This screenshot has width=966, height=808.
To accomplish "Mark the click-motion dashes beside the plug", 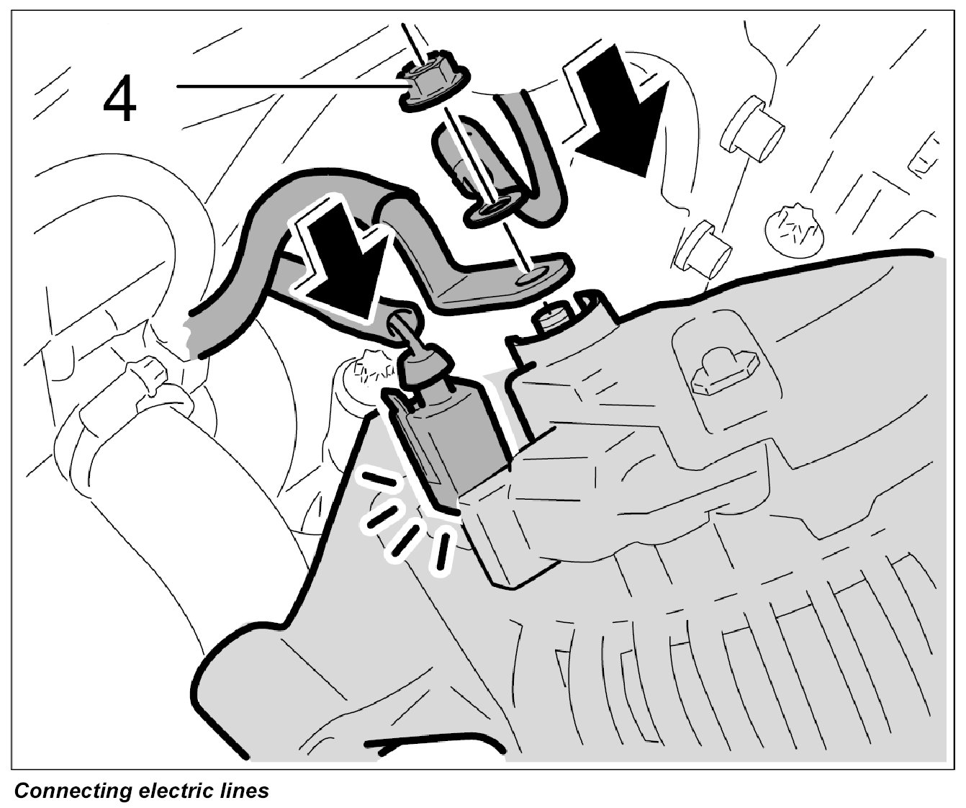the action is tap(403, 523).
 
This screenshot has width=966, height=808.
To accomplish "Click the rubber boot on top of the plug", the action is tap(424, 366).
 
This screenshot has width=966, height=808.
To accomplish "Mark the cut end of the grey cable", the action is tap(192, 334).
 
